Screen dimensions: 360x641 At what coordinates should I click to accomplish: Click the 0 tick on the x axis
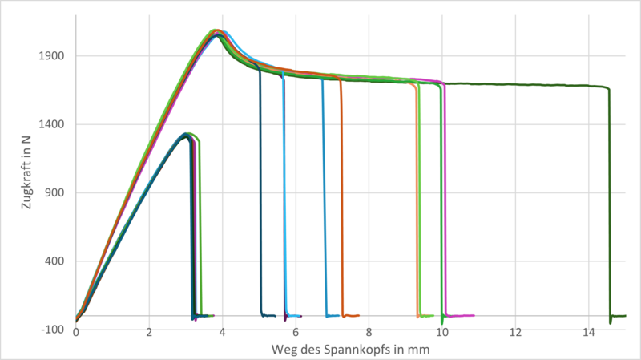[x=76, y=332]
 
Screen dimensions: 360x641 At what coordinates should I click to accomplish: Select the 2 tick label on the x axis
[x=149, y=332]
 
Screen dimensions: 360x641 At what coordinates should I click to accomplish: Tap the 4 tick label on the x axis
[x=223, y=332]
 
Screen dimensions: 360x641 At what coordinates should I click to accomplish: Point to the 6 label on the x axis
[x=296, y=332]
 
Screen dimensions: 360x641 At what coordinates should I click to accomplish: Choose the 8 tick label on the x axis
[x=369, y=332]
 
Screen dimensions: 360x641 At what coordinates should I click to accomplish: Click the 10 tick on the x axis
[x=441, y=332]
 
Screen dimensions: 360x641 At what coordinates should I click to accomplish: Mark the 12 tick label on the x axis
[x=515, y=332]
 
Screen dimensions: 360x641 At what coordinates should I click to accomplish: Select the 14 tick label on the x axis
[x=588, y=332]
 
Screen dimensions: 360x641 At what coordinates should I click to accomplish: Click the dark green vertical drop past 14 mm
[x=609, y=200]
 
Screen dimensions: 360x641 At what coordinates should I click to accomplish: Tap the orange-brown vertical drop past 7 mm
[x=341, y=200]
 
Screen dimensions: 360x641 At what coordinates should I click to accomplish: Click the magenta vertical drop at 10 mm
[x=445, y=200]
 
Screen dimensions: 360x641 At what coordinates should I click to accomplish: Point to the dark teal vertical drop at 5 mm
[x=260, y=200]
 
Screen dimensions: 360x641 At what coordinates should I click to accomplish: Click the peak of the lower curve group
[x=186, y=134]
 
